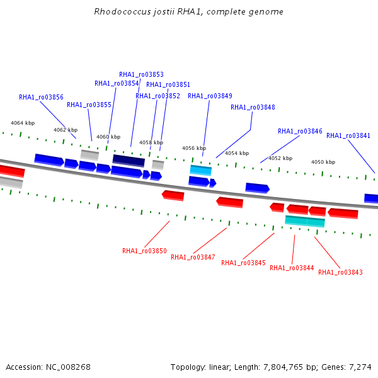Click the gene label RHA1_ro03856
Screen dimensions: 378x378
pos(41,97)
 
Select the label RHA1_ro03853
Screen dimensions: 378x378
pos(142,74)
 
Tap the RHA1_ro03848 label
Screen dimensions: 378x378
pos(253,107)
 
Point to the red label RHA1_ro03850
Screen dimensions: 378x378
pos(145,251)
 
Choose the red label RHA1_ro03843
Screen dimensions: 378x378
pos(340,272)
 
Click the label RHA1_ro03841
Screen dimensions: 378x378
pos(348,135)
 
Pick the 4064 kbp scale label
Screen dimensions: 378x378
pos(23,123)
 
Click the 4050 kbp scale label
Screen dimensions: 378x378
pos(323,162)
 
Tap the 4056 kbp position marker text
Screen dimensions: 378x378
pos(194,148)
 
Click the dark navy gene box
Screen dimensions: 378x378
pos(129,161)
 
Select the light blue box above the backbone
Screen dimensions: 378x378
pos(201,170)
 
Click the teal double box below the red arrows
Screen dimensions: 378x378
pos(305,221)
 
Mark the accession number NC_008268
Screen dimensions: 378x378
pos(68,367)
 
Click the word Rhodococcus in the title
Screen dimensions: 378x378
pos(122,11)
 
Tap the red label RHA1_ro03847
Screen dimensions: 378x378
pos(193,257)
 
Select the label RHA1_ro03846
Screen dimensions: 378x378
pos(300,132)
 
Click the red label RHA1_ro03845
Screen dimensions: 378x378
pos(243,263)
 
